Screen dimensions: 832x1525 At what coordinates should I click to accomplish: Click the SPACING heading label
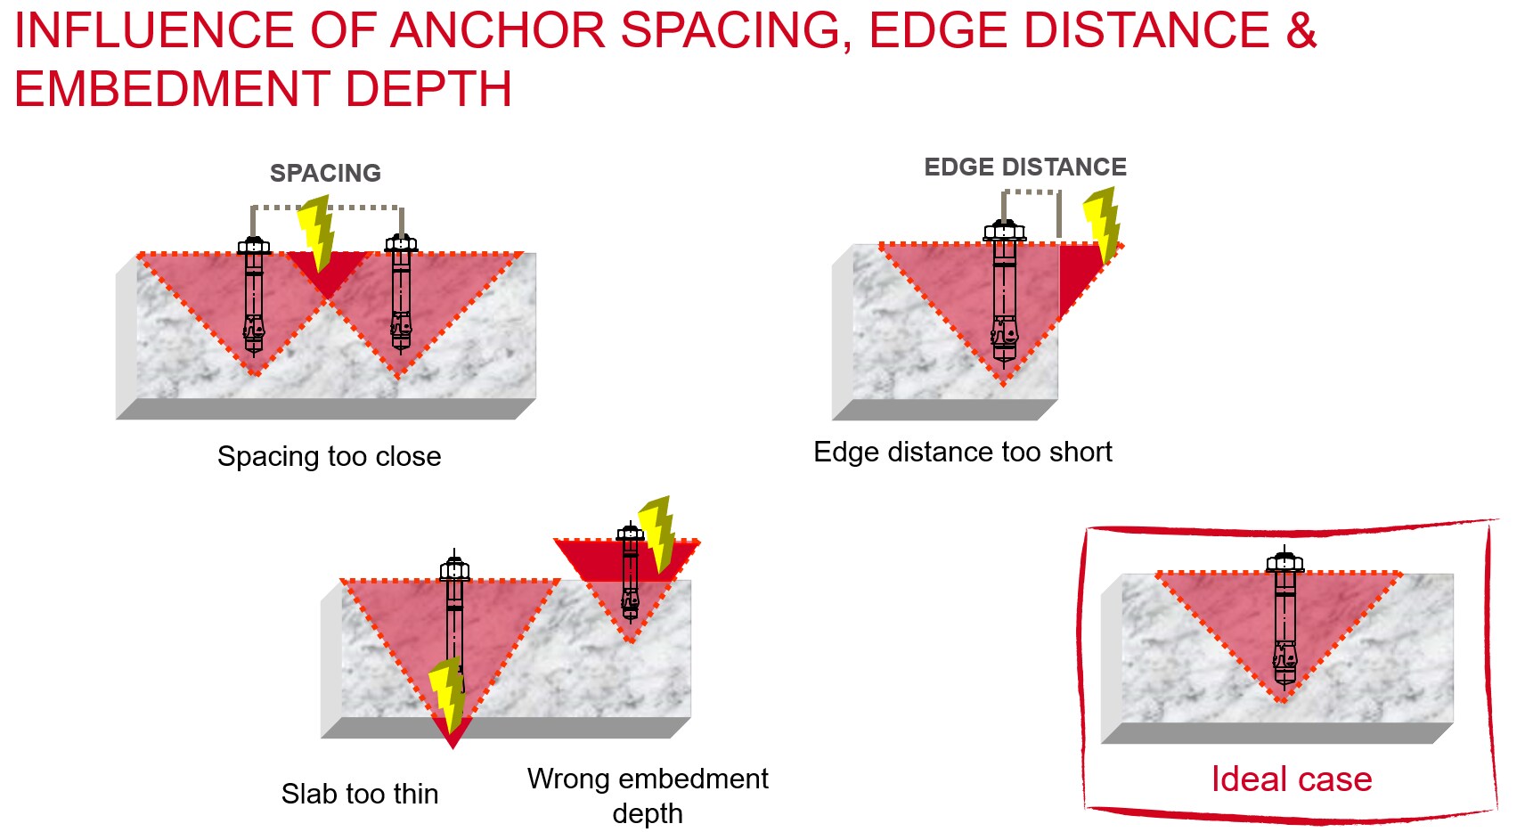tap(325, 173)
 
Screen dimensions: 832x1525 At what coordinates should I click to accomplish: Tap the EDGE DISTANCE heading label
tap(1024, 167)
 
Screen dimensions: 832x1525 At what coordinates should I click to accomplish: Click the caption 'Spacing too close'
tap(329, 456)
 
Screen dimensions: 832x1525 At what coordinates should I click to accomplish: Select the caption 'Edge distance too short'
tap(962, 452)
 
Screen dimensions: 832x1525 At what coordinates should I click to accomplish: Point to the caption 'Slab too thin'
tap(359, 794)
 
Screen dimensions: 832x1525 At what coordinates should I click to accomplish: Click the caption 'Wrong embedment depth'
tap(648, 795)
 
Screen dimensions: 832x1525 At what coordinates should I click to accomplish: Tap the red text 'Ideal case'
tap(1291, 779)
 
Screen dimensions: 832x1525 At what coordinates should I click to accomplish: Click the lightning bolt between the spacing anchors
tap(316, 233)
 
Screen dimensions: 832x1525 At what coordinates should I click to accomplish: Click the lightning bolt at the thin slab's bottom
tap(447, 695)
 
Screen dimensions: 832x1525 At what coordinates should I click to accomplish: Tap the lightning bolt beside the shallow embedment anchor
tap(658, 533)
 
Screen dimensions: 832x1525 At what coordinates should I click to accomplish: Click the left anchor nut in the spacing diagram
tap(254, 245)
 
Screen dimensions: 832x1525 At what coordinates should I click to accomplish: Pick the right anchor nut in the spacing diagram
tap(401, 242)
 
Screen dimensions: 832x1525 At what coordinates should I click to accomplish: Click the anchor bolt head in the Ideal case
tap(1284, 562)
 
